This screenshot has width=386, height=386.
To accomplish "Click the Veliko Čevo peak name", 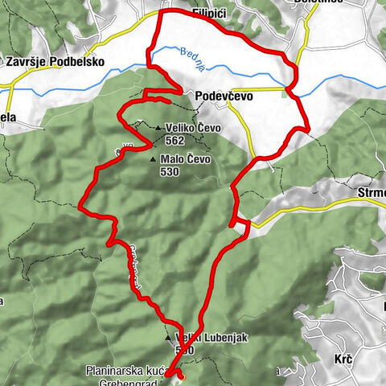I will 193,127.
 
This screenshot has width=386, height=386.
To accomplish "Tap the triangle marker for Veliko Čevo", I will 160,127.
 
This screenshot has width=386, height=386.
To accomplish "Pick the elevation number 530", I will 170,171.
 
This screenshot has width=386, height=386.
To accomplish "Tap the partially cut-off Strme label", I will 369,193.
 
